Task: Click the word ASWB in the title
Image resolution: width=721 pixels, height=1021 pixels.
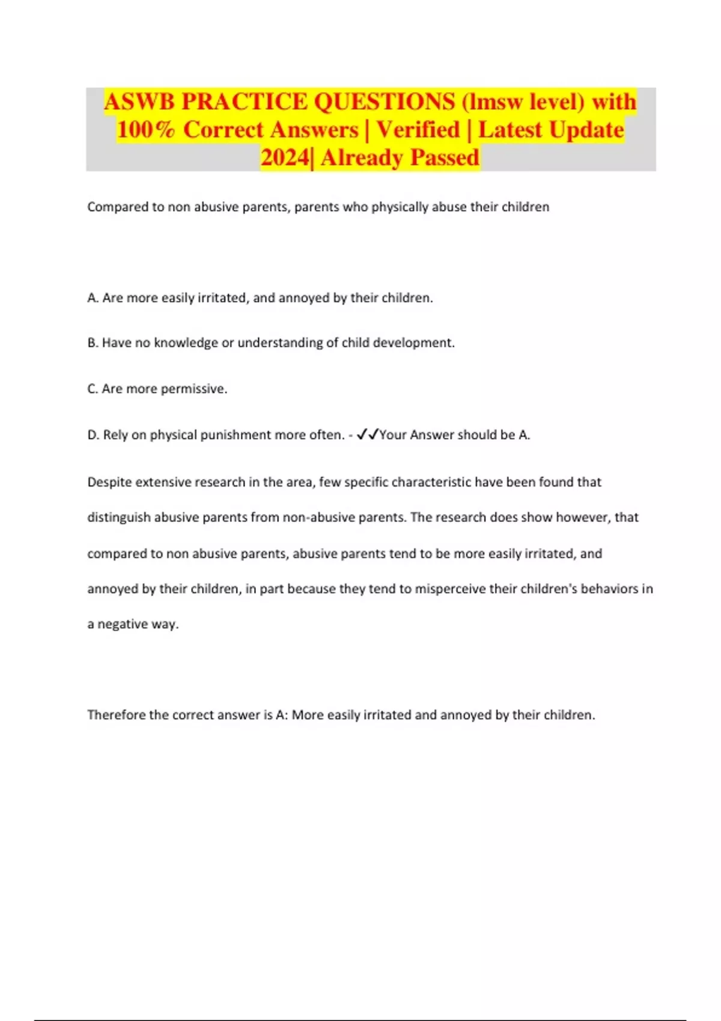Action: pos(139,102)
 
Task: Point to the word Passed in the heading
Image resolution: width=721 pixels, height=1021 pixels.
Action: pos(445,158)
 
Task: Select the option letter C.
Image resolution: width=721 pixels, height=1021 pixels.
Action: pos(92,389)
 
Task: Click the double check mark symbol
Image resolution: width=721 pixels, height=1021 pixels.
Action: pos(367,434)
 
